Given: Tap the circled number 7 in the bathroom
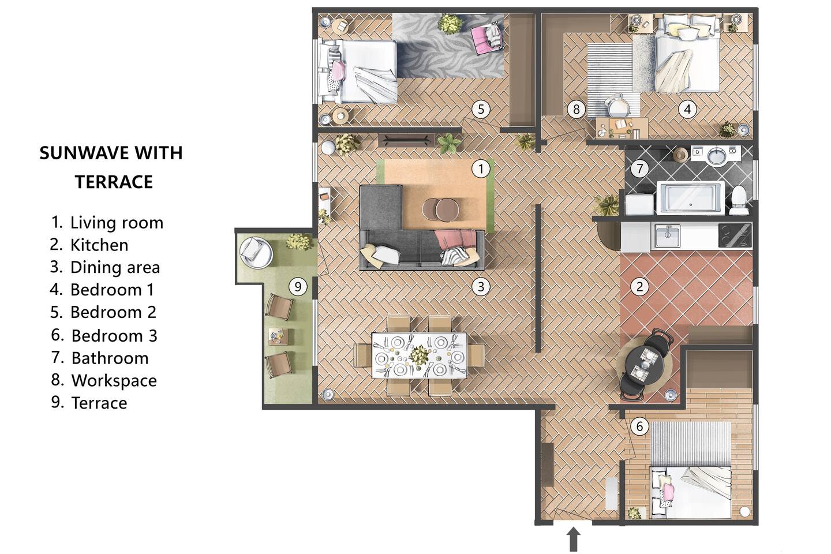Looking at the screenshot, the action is pos(639,169).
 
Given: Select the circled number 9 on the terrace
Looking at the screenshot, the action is pos(298,286).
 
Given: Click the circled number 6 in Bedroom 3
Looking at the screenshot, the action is pos(639,426).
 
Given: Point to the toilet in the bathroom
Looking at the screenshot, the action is pos(738,200).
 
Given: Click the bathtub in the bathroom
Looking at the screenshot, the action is pos(690,198).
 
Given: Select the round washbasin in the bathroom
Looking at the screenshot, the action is pos(718,156).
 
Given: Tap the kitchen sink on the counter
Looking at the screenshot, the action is pos(667,235).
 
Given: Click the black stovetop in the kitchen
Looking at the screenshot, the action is pos(735,235).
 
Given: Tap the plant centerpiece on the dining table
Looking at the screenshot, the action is pos(419,355).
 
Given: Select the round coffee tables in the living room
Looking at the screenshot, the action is pos(441,209).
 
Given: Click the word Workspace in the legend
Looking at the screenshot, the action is pos(114,380).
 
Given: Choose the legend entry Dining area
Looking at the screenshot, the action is pos(106,267).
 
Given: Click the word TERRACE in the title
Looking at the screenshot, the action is pos(114,182).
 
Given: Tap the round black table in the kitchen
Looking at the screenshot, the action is pos(645,365).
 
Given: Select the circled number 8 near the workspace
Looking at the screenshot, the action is pos(576,110).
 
